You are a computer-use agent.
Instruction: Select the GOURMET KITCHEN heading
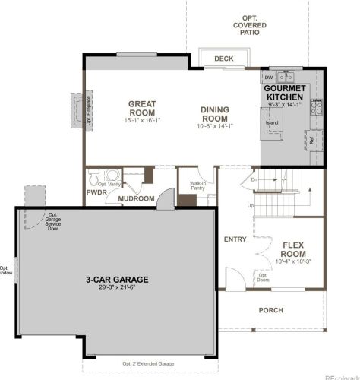point(284,93)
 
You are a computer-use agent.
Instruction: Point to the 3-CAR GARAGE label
point(116,280)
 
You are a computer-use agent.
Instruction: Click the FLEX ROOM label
point(293,249)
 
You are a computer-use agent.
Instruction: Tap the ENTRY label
point(235,239)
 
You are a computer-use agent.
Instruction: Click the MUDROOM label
point(136,198)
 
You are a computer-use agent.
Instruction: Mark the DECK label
point(223,59)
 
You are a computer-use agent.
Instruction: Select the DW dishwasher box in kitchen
point(269,77)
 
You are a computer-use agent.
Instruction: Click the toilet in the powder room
point(112,174)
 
